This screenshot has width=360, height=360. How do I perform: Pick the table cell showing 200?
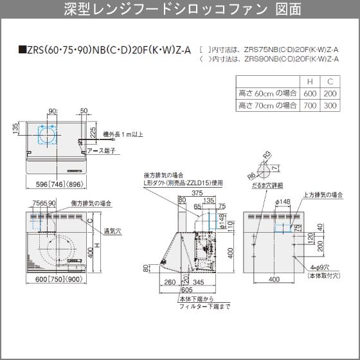click(x=329, y=93)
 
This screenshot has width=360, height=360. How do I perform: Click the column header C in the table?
click(x=329, y=82)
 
